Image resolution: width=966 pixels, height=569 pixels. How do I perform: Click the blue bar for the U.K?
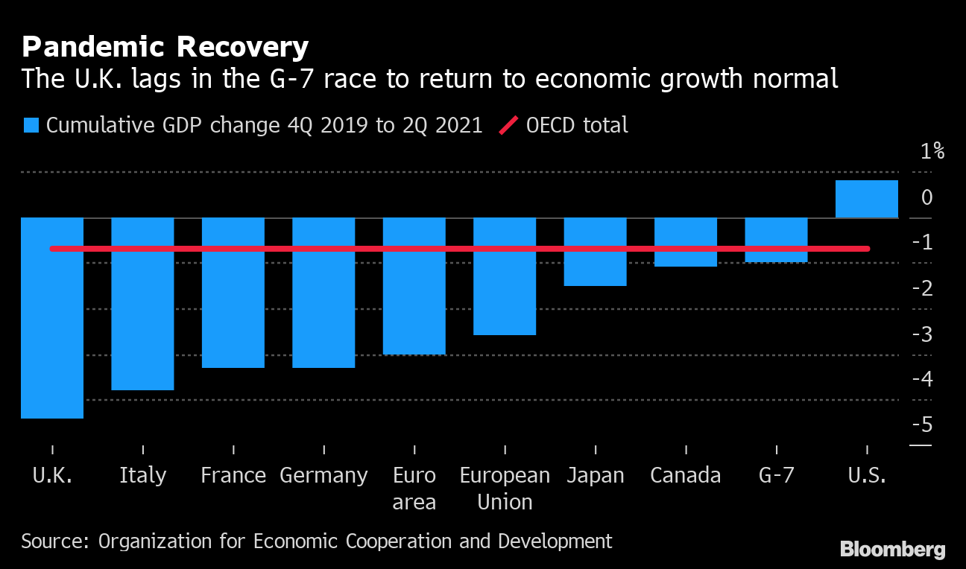[x=52, y=335]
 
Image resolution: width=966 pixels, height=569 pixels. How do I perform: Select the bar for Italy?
[x=142, y=320]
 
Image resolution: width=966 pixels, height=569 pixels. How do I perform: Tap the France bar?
[x=233, y=309]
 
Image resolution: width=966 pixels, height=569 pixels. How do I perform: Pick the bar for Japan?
[x=595, y=268]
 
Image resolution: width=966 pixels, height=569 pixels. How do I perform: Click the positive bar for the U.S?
[x=866, y=199]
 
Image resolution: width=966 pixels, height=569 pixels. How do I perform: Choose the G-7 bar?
[x=776, y=256]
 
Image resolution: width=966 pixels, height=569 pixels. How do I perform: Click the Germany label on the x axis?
[x=323, y=475]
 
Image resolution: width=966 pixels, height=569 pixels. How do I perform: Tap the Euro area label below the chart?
[x=414, y=489]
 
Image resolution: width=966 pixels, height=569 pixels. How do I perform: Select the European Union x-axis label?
[x=505, y=489]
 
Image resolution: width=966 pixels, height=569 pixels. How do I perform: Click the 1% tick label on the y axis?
[x=932, y=152]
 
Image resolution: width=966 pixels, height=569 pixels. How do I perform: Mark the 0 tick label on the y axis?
[x=926, y=197]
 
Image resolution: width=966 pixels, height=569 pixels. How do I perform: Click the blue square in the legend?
[x=31, y=125]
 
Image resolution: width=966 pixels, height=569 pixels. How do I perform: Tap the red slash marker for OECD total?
[x=508, y=125]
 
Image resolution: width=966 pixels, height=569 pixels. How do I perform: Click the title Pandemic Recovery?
[x=165, y=48]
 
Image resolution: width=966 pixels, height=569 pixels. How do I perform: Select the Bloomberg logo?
[x=892, y=550]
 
